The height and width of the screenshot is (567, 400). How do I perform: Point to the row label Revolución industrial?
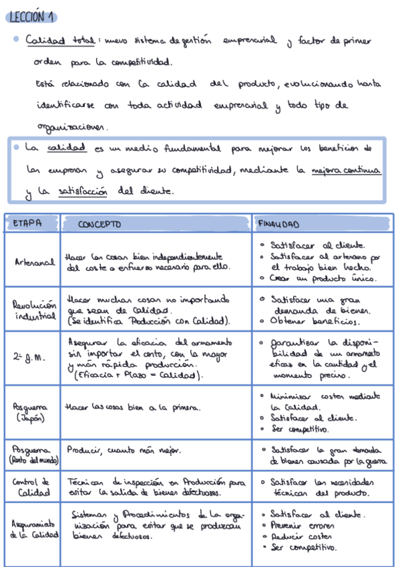(x=33, y=310)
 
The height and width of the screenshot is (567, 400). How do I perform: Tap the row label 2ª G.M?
(x=30, y=358)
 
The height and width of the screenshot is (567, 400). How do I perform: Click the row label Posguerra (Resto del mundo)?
(x=33, y=454)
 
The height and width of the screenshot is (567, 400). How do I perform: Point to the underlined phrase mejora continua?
(x=346, y=170)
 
